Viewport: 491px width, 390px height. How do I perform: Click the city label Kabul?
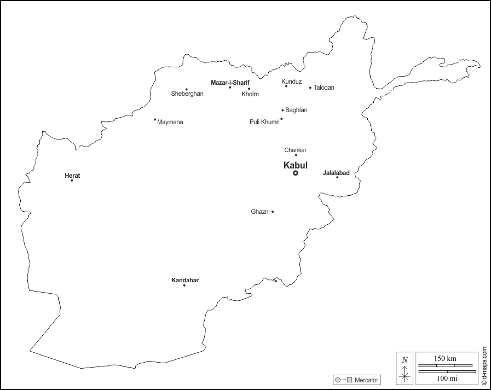coord(296,165)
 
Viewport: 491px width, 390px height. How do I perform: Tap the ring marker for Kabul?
coord(296,173)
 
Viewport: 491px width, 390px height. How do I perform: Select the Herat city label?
coord(72,176)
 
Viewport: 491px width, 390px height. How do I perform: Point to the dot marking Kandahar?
coord(184,286)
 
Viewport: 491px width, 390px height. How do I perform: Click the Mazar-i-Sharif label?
coord(230,83)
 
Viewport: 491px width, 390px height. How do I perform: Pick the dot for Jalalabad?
coord(337,177)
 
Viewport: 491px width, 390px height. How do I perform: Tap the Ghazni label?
coord(260,212)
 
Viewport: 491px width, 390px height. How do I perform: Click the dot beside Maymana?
coord(155,119)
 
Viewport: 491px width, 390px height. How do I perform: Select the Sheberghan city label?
coord(187,94)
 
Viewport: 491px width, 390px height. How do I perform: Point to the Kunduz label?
coord(292,82)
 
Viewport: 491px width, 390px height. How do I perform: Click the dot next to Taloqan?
coord(310,88)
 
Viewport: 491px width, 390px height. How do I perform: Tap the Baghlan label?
coord(296,110)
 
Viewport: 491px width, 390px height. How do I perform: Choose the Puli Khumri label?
coord(264,122)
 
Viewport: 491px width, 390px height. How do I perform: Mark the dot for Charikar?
coord(296,155)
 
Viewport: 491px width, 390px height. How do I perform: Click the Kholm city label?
coord(250,94)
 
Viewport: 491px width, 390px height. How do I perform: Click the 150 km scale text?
coord(445,358)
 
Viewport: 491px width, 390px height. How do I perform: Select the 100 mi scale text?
coord(445,378)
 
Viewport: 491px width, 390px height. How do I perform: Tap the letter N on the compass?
coord(405,360)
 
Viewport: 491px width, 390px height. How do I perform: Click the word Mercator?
coord(366,380)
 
